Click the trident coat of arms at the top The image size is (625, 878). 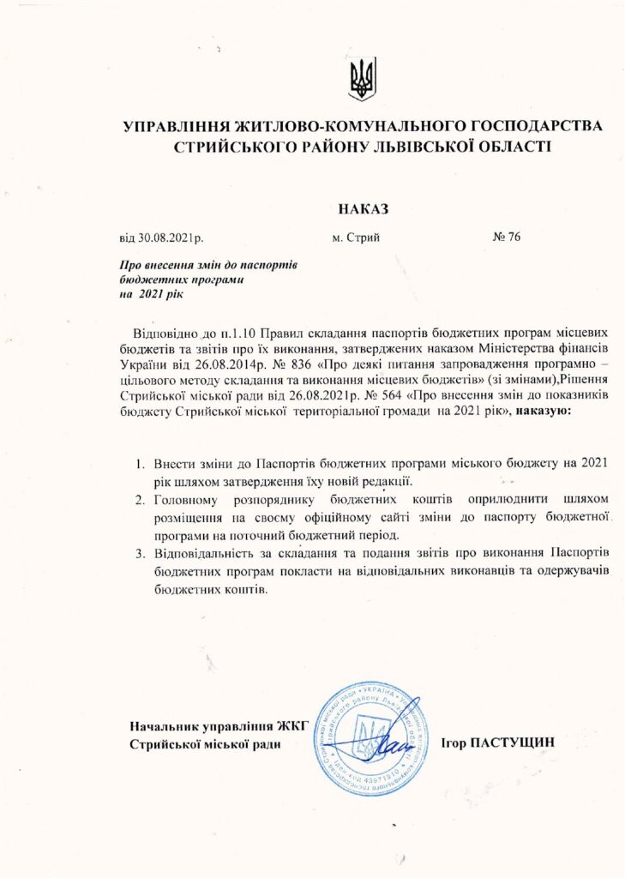click(x=362, y=80)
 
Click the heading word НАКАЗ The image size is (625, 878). click(x=364, y=208)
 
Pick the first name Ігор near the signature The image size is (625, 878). click(x=454, y=742)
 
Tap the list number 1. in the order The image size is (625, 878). click(x=140, y=464)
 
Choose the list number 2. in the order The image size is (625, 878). click(x=140, y=500)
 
